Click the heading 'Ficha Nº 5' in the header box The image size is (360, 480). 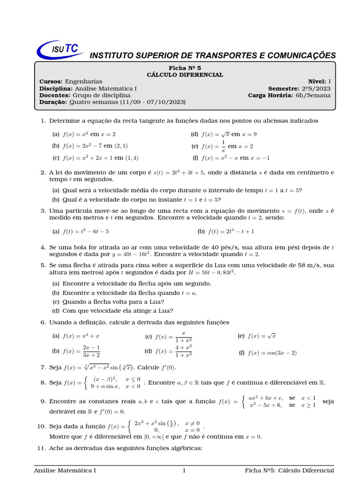[x=185, y=68]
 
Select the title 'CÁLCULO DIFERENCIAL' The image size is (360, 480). [x=185, y=75]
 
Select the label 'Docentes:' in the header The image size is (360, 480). [x=53, y=95]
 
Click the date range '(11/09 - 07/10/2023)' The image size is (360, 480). [x=153, y=102]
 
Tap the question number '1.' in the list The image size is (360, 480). [x=43, y=121]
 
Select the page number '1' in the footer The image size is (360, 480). [x=184, y=471]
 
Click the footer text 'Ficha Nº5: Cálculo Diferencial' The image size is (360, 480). [x=289, y=471]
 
